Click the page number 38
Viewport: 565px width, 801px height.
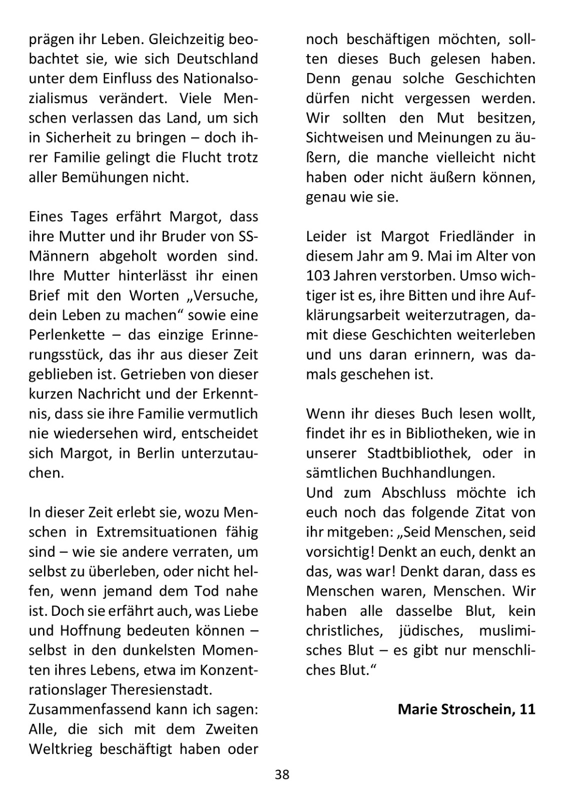282,774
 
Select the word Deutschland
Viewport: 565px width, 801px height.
217,59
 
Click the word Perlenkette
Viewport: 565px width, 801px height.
67,334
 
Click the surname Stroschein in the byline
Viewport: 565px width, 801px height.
473,709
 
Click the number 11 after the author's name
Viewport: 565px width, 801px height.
527,709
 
